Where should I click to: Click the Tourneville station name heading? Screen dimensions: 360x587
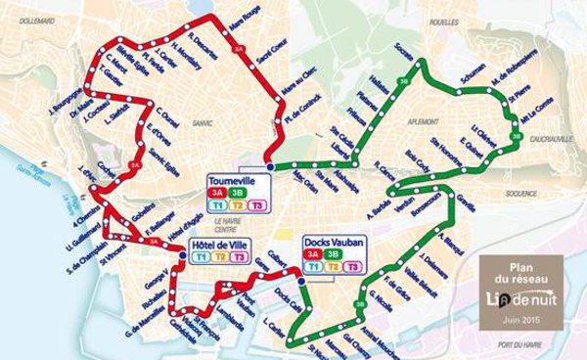point(233,182)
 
